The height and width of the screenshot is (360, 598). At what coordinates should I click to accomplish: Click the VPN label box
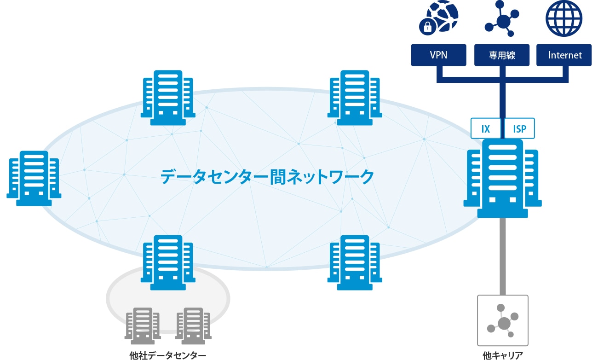tap(438, 55)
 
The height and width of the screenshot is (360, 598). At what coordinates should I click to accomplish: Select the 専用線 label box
tap(502, 55)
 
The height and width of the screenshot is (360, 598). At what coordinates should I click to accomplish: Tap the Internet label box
tap(565, 55)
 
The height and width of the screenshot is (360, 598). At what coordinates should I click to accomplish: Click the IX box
tap(486, 128)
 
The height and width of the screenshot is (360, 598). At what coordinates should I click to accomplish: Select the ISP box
tap(520, 128)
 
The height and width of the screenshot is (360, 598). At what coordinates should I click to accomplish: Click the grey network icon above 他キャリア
tap(503, 320)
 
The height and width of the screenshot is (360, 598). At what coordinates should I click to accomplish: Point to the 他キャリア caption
tap(503, 355)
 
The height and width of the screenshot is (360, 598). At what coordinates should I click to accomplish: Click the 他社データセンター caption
tap(167, 355)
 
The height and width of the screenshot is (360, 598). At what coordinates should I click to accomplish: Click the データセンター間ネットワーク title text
tap(267, 176)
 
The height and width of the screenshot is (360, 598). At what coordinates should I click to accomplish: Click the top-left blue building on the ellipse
tap(167, 98)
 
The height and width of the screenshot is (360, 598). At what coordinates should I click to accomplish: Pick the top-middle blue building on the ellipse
tap(355, 98)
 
